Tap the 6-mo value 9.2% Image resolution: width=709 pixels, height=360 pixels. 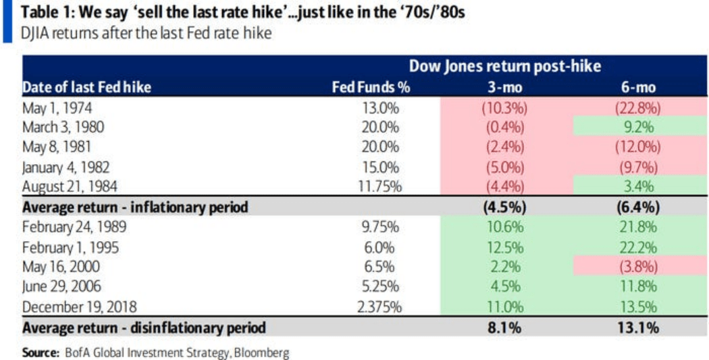pos(639,127)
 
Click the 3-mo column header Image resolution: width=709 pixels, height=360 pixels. pos(505,87)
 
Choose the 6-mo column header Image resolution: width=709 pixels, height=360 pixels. pos(639,87)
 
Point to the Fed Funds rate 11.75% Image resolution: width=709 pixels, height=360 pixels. pos(380,187)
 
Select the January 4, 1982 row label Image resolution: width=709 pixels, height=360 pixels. pos(65,167)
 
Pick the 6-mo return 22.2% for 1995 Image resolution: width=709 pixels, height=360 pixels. pos(639,247)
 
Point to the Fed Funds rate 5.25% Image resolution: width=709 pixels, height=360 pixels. pos(384,287)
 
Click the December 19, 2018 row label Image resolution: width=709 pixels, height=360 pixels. pos(78,307)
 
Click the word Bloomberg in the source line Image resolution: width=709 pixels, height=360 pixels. pos(264,353)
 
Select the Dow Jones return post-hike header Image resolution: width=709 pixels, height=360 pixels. pos(505,66)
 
